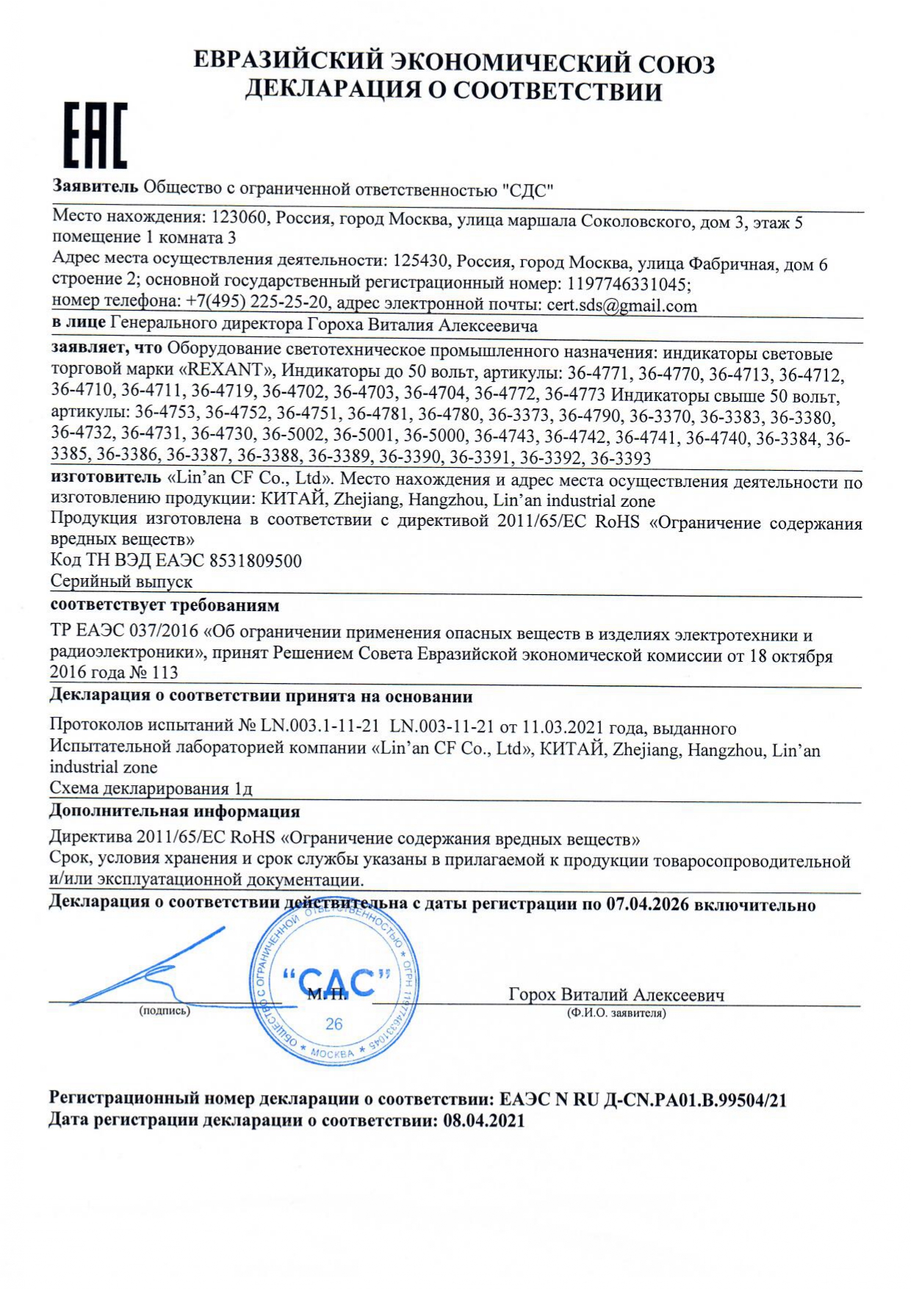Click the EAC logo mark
(x=93, y=136)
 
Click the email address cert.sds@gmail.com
(x=622, y=306)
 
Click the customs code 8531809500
(x=255, y=561)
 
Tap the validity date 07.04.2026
(x=647, y=904)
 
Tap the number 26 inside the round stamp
(x=334, y=1025)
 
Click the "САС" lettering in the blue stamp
(x=336, y=983)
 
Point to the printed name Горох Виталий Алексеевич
(x=616, y=994)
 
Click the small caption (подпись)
(x=165, y=1011)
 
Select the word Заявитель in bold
(x=95, y=188)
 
